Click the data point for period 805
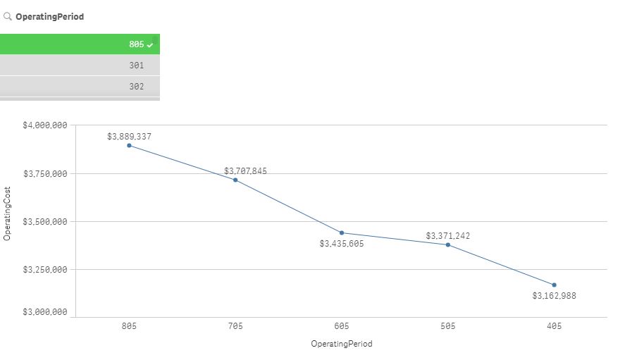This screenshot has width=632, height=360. pyautogui.click(x=129, y=145)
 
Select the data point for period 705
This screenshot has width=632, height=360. pyautogui.click(x=235, y=180)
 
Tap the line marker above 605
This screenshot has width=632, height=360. pyautogui.click(x=342, y=232)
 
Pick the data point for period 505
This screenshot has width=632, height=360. pyautogui.click(x=448, y=244)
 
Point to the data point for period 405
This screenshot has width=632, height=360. pyautogui.click(x=554, y=285)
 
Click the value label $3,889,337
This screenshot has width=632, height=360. pyautogui.click(x=129, y=137)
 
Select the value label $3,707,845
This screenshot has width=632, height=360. pyautogui.click(x=246, y=171)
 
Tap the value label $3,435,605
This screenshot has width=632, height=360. pyautogui.click(x=342, y=244)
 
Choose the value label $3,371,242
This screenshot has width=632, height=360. pyautogui.click(x=447, y=236)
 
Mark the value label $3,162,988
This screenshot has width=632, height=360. pyautogui.click(x=554, y=296)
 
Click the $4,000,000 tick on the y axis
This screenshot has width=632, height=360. pyautogui.click(x=45, y=125)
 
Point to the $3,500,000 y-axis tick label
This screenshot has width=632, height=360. pyautogui.click(x=45, y=222)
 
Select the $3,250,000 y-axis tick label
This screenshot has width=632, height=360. pyautogui.click(x=45, y=270)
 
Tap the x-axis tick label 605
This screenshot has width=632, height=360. pyautogui.click(x=342, y=326)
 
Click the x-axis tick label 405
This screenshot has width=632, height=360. pyautogui.click(x=554, y=326)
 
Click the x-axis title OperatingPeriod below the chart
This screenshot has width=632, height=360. pyautogui.click(x=342, y=345)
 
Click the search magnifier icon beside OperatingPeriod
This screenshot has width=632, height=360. pyautogui.click(x=8, y=16)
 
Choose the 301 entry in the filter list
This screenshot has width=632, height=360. pyautogui.click(x=137, y=66)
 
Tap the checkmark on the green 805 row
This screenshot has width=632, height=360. pyautogui.click(x=150, y=44)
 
